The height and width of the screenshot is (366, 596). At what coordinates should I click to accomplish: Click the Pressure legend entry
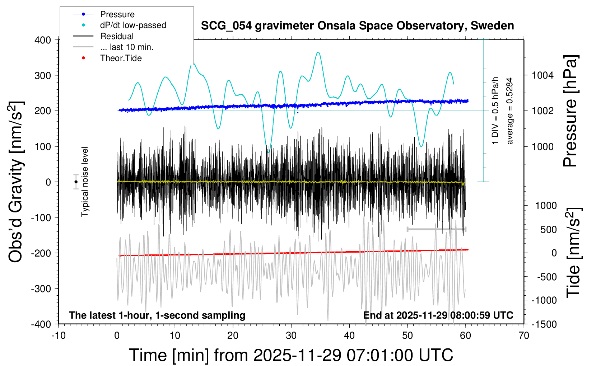117,14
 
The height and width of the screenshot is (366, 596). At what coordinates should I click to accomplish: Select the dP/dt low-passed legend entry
133,25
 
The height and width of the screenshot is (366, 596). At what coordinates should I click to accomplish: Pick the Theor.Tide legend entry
121,58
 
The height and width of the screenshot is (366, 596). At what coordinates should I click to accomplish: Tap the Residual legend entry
117,36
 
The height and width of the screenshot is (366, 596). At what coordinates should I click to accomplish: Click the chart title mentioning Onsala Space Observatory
357,26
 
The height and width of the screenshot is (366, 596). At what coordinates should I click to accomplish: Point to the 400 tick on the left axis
43,40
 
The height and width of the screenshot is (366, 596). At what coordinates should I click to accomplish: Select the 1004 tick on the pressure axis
543,75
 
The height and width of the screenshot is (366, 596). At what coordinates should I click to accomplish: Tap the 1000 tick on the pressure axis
543,146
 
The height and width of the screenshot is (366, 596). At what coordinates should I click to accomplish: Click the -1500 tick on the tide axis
544,324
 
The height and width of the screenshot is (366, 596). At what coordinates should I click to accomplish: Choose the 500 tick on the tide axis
548,229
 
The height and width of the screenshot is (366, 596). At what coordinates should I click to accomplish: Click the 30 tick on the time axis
291,335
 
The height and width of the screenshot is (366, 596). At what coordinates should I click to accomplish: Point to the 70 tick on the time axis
524,335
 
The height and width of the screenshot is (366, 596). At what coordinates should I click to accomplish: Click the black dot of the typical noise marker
76,182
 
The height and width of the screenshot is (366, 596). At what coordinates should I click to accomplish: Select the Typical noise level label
85,182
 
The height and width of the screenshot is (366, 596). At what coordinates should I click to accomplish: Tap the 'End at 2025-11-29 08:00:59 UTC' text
438,315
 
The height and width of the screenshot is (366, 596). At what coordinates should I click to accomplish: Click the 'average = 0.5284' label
510,111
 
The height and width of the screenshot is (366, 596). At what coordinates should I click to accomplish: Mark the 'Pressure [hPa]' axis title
571,111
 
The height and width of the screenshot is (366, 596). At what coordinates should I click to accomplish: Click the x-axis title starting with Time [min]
291,355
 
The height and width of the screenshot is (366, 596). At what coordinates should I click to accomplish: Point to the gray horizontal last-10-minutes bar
436,229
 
